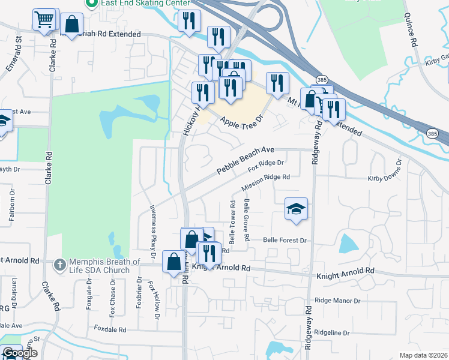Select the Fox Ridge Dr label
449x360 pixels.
[x=265, y=166]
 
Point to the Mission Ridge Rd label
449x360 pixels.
[x=266, y=183]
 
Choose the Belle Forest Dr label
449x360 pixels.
[x=285, y=240]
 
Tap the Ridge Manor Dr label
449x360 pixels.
[x=337, y=300]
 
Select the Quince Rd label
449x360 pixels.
[x=411, y=30]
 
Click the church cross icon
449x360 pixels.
[x=59, y=264]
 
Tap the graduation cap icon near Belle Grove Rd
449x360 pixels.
[x=296, y=209]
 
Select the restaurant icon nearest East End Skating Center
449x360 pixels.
[x=189, y=20]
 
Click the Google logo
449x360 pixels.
[x=20, y=353]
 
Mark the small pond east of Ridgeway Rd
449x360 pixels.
[x=348, y=244]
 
